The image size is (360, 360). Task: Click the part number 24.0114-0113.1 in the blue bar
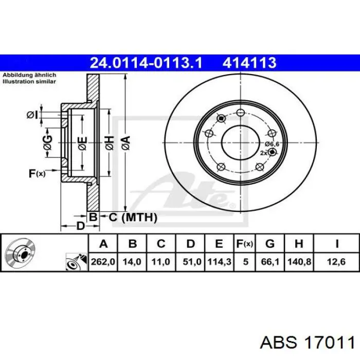pyautogui.click(x=146, y=63)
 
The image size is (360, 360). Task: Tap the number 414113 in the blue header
pyautogui.click(x=249, y=63)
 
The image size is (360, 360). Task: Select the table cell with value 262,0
pyautogui.click(x=103, y=262)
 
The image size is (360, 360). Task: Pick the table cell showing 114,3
pyautogui.click(x=219, y=262)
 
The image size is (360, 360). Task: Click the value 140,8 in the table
pyautogui.click(x=299, y=262)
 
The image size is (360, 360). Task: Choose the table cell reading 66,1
pyautogui.click(x=270, y=262)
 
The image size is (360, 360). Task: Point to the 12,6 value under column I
pyautogui.click(x=336, y=262)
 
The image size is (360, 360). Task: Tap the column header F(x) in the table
pyautogui.click(x=245, y=244)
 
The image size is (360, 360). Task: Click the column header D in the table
pyautogui.click(x=191, y=244)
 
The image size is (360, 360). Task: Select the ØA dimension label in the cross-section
pyautogui.click(x=126, y=143)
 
